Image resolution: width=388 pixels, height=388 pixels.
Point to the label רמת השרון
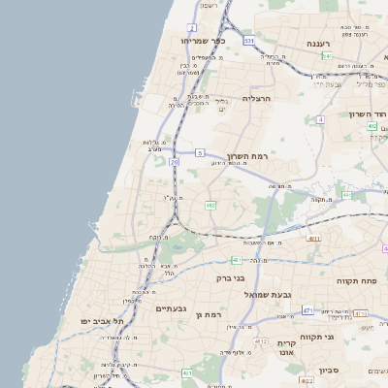pos(246,156)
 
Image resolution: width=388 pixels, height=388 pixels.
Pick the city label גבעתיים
pos(171,308)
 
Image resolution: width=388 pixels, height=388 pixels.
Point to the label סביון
pos(329,370)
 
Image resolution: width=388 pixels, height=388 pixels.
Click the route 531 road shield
pos(249,41)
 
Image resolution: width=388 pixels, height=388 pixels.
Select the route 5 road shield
pos(200,153)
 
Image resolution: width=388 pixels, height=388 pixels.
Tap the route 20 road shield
pos(175,162)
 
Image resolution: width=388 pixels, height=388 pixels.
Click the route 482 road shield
pos(210,205)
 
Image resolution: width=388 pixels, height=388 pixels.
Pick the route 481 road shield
pos(237,260)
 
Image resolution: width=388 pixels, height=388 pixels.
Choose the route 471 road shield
pos(307,310)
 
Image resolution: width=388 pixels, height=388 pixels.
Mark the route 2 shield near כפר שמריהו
pos(192,28)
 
